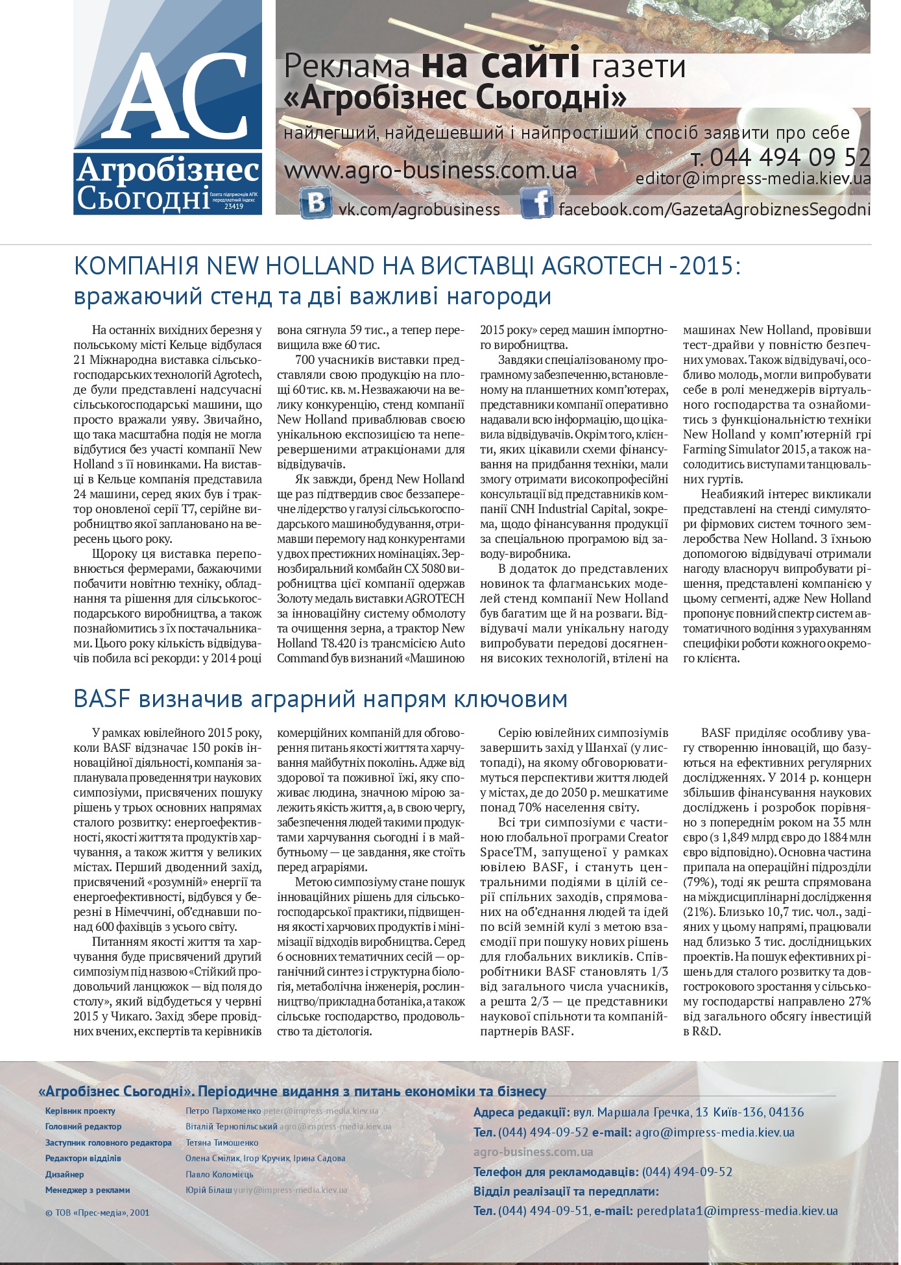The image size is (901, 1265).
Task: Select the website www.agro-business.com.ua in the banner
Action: click(x=430, y=171)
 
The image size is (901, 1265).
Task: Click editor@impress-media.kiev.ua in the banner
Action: click(x=752, y=179)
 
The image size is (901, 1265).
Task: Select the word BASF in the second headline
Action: click(x=102, y=699)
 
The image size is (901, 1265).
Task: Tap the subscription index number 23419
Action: click(x=234, y=207)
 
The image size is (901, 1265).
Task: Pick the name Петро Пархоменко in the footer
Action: click(x=223, y=1111)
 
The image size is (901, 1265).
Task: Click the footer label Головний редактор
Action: click(x=83, y=1127)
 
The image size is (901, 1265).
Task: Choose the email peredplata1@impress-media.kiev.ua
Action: click(x=737, y=1211)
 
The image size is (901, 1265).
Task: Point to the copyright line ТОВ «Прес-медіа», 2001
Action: click(x=97, y=1212)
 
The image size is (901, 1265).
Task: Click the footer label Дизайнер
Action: click(x=64, y=1174)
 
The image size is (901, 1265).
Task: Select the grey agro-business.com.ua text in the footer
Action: click(x=533, y=1152)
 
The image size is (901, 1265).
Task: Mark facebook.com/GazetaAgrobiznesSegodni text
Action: click(x=714, y=210)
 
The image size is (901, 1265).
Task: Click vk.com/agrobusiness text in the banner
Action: click(x=419, y=210)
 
